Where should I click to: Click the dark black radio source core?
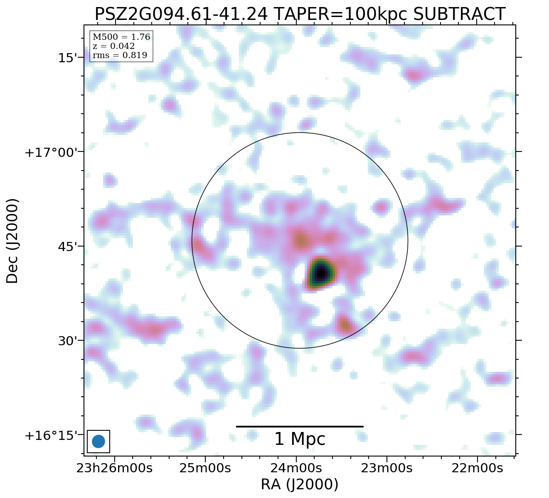(x=320, y=273)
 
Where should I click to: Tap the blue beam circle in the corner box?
(x=98, y=441)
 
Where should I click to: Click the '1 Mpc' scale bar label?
(x=300, y=439)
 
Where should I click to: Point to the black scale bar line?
(x=300, y=426)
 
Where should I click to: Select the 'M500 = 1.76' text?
(x=121, y=37)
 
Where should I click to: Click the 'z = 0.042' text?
(x=113, y=46)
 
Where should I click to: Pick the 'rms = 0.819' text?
(x=120, y=55)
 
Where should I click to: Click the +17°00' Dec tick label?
(x=52, y=152)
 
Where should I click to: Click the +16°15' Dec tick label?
(x=52, y=436)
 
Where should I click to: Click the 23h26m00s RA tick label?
(x=114, y=468)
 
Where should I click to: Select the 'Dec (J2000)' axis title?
(x=12, y=241)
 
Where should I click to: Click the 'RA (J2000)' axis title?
(x=300, y=484)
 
